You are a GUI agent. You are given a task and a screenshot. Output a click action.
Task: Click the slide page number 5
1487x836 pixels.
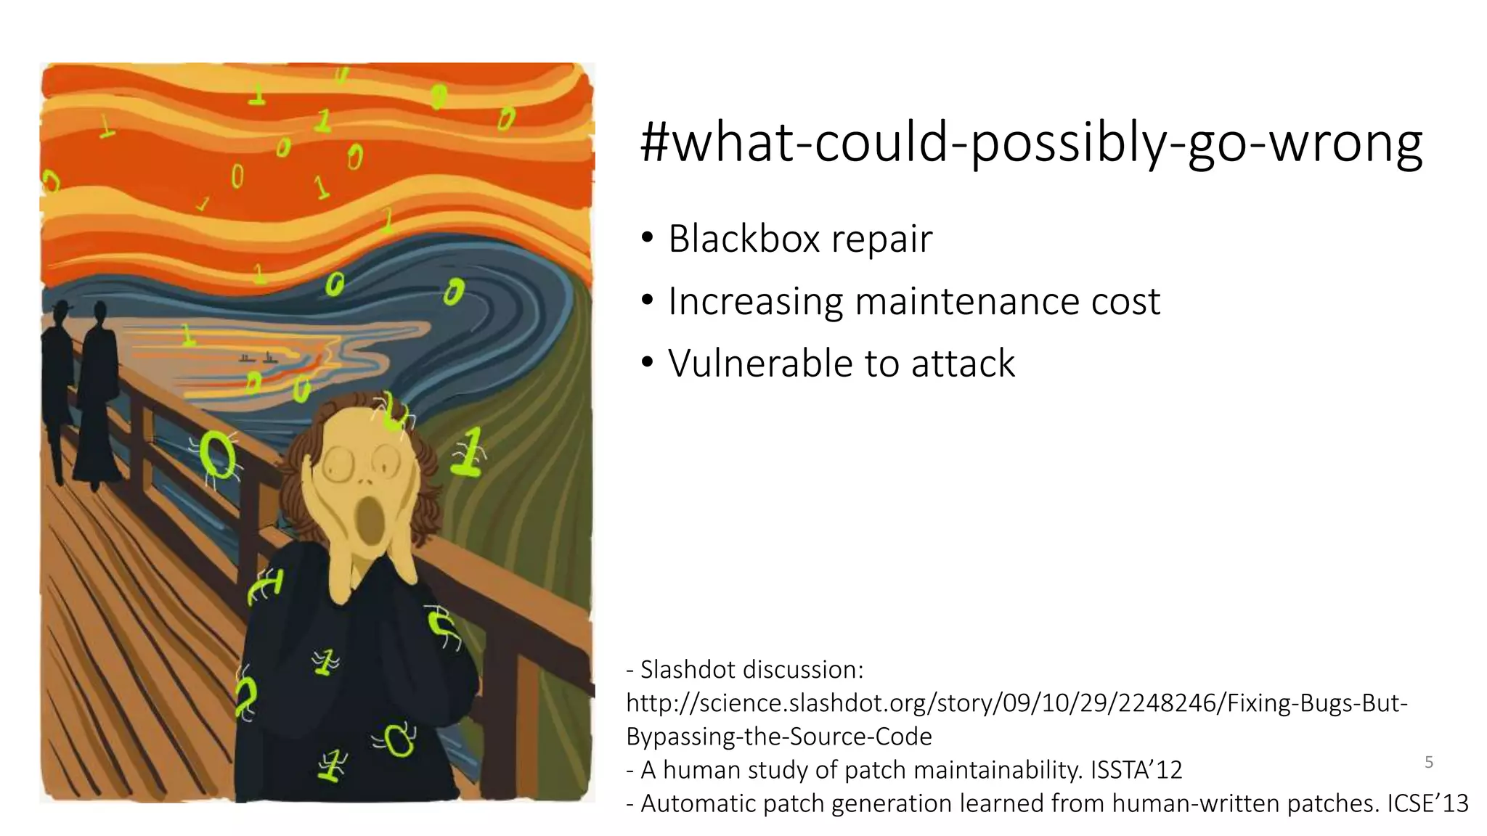coord(1428,762)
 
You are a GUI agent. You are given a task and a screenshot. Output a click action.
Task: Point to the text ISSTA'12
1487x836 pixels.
coord(1136,770)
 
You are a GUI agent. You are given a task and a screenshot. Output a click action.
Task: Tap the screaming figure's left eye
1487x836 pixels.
coord(337,463)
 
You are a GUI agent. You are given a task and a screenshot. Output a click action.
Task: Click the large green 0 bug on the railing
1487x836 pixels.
coord(216,455)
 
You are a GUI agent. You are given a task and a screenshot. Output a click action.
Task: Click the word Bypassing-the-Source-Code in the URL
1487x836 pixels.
coord(778,737)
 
